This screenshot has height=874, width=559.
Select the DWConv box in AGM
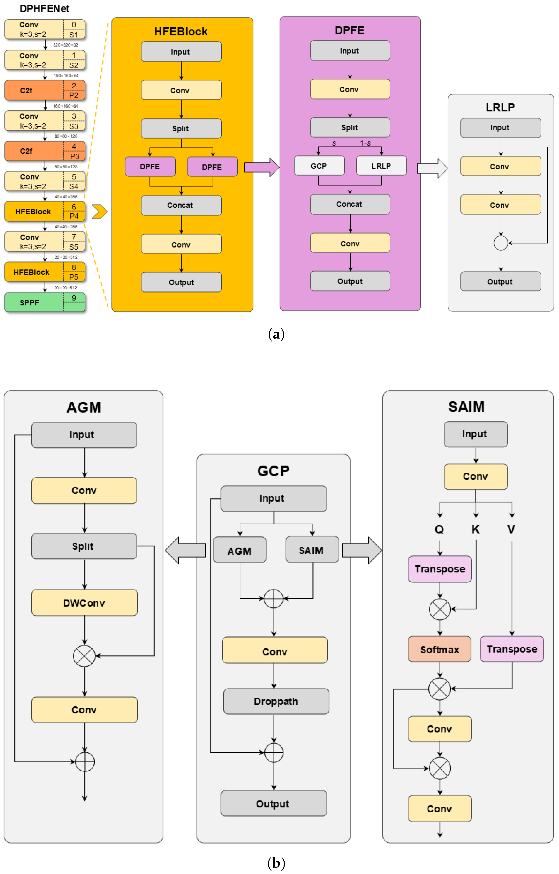click(84, 603)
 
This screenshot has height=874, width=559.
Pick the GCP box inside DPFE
click(319, 166)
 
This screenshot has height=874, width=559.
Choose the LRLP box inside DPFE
click(381, 166)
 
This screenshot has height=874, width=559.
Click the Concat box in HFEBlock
click(181, 205)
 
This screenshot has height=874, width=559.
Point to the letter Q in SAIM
click(439, 529)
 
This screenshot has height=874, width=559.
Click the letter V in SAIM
click(511, 529)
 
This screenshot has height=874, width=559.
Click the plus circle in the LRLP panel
click(501, 243)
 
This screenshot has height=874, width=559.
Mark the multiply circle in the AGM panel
click(84, 656)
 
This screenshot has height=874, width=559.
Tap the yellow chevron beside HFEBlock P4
click(100, 212)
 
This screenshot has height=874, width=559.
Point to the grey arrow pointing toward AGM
click(184, 550)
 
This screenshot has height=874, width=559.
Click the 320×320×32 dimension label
click(65, 45)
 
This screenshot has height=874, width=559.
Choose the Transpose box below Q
click(439, 569)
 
